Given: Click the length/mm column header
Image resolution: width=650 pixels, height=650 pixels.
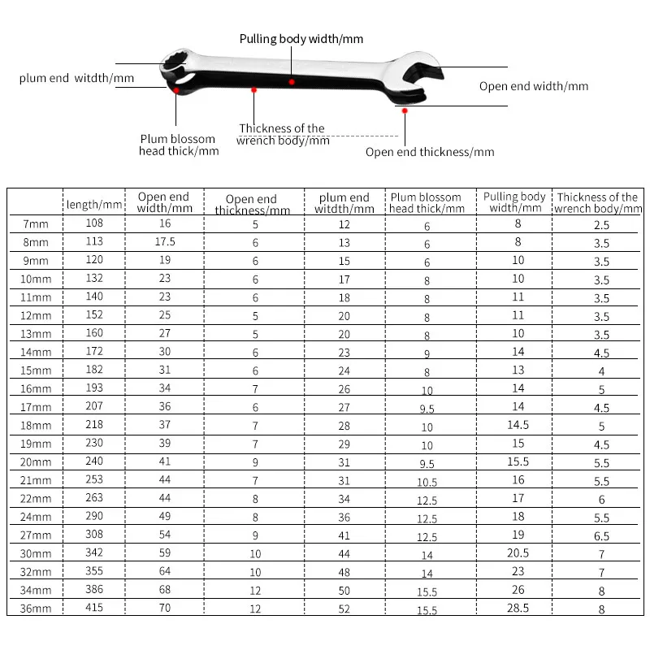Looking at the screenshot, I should tap(93, 205).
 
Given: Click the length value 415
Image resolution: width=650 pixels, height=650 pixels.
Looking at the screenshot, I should tap(93, 607).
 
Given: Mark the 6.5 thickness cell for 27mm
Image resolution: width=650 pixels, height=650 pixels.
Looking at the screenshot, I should tap(600, 536).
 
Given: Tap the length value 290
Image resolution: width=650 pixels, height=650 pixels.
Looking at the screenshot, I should tap(93, 518).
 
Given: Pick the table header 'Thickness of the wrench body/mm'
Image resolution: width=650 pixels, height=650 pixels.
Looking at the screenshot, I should tap(598, 202).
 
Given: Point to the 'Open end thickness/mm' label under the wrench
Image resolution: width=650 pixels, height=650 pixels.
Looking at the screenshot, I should tap(429, 152).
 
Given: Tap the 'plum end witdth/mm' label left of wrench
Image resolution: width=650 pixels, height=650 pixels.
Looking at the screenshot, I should tap(76, 79).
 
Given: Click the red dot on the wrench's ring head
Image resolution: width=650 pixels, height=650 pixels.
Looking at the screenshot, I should tap(176, 91).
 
